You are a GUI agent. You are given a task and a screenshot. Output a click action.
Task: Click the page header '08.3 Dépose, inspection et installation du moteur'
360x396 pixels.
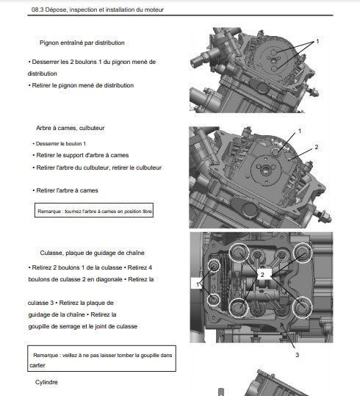(98, 10)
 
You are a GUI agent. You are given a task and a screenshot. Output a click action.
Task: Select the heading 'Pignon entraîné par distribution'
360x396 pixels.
(82, 43)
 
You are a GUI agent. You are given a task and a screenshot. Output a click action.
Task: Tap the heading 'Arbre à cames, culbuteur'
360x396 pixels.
(71, 128)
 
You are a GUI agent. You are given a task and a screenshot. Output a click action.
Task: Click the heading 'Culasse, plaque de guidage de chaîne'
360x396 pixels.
(93, 253)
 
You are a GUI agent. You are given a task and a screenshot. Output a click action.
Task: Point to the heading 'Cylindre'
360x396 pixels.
(46, 382)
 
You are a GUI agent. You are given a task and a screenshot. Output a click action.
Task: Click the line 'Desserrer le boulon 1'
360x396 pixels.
(59, 144)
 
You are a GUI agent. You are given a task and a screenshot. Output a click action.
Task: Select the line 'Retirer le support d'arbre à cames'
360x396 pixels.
(81, 155)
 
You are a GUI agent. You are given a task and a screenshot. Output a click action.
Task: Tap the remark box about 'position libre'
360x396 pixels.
(94, 210)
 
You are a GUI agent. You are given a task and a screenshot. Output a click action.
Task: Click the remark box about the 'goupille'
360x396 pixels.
(101, 359)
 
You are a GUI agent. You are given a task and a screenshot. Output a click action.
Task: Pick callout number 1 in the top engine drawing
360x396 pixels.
(317, 41)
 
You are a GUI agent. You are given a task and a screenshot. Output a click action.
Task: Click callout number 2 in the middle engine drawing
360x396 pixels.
(317, 147)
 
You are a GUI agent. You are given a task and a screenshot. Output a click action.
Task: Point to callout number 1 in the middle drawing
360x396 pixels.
(300, 131)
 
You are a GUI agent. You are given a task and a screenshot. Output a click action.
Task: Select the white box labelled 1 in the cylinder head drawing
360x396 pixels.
(197, 284)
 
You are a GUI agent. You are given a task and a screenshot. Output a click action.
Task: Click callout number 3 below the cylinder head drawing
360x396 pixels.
(297, 355)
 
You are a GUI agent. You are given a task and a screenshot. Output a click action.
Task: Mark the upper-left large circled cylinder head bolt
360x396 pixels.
(239, 253)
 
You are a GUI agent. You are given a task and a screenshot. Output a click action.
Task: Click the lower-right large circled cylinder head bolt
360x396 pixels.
(302, 307)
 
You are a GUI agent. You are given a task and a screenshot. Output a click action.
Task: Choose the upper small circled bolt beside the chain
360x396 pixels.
(214, 266)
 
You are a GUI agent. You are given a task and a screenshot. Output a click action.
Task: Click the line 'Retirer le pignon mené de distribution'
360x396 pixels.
(81, 85)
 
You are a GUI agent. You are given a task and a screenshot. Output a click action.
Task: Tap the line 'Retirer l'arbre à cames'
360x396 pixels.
(65, 190)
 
